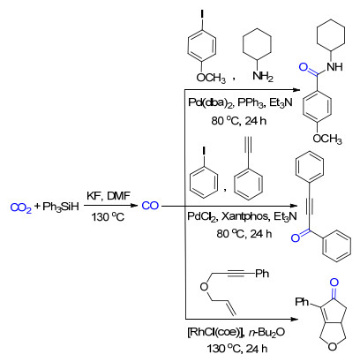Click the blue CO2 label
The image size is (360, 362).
tap(21, 207)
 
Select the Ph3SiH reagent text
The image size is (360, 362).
tap(61, 207)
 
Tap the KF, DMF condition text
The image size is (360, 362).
tap(109, 196)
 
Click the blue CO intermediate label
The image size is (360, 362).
tap(150, 206)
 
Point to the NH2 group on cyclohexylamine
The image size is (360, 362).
tap(263, 77)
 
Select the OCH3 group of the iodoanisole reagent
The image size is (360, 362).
tap(211, 78)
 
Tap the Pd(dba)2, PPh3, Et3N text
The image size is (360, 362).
tap(240, 102)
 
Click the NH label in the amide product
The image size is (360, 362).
tap(334, 66)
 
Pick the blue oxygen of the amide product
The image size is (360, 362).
tap(304, 67)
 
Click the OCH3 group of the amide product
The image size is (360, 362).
tap(327, 139)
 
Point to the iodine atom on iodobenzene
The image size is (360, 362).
tap(204, 151)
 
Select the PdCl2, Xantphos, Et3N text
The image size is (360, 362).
tap(242, 216)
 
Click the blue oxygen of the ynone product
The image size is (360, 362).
tap(296, 238)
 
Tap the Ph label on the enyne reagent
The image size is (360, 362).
tap(262, 274)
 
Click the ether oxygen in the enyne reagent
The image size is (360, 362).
tap(204, 286)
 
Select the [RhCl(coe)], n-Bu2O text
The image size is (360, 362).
tap(236, 333)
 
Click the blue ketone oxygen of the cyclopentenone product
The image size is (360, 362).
tap(334, 283)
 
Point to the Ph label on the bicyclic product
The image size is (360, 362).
tap(302, 302)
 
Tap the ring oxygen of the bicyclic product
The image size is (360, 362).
tap(332, 347)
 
